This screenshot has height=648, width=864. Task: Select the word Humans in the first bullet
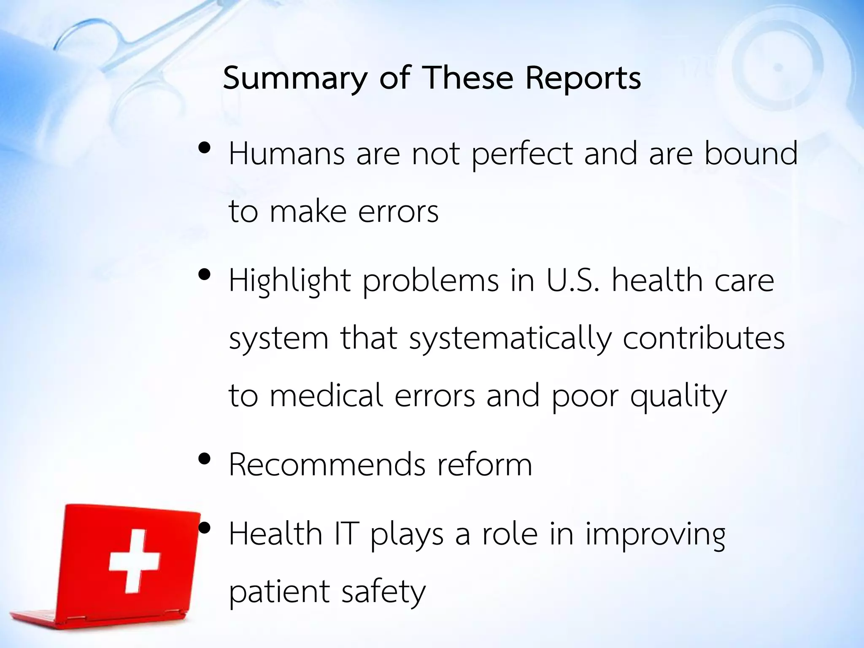click(286, 154)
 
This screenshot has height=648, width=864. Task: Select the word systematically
click(510, 339)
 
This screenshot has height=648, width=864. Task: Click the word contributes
click(703, 338)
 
